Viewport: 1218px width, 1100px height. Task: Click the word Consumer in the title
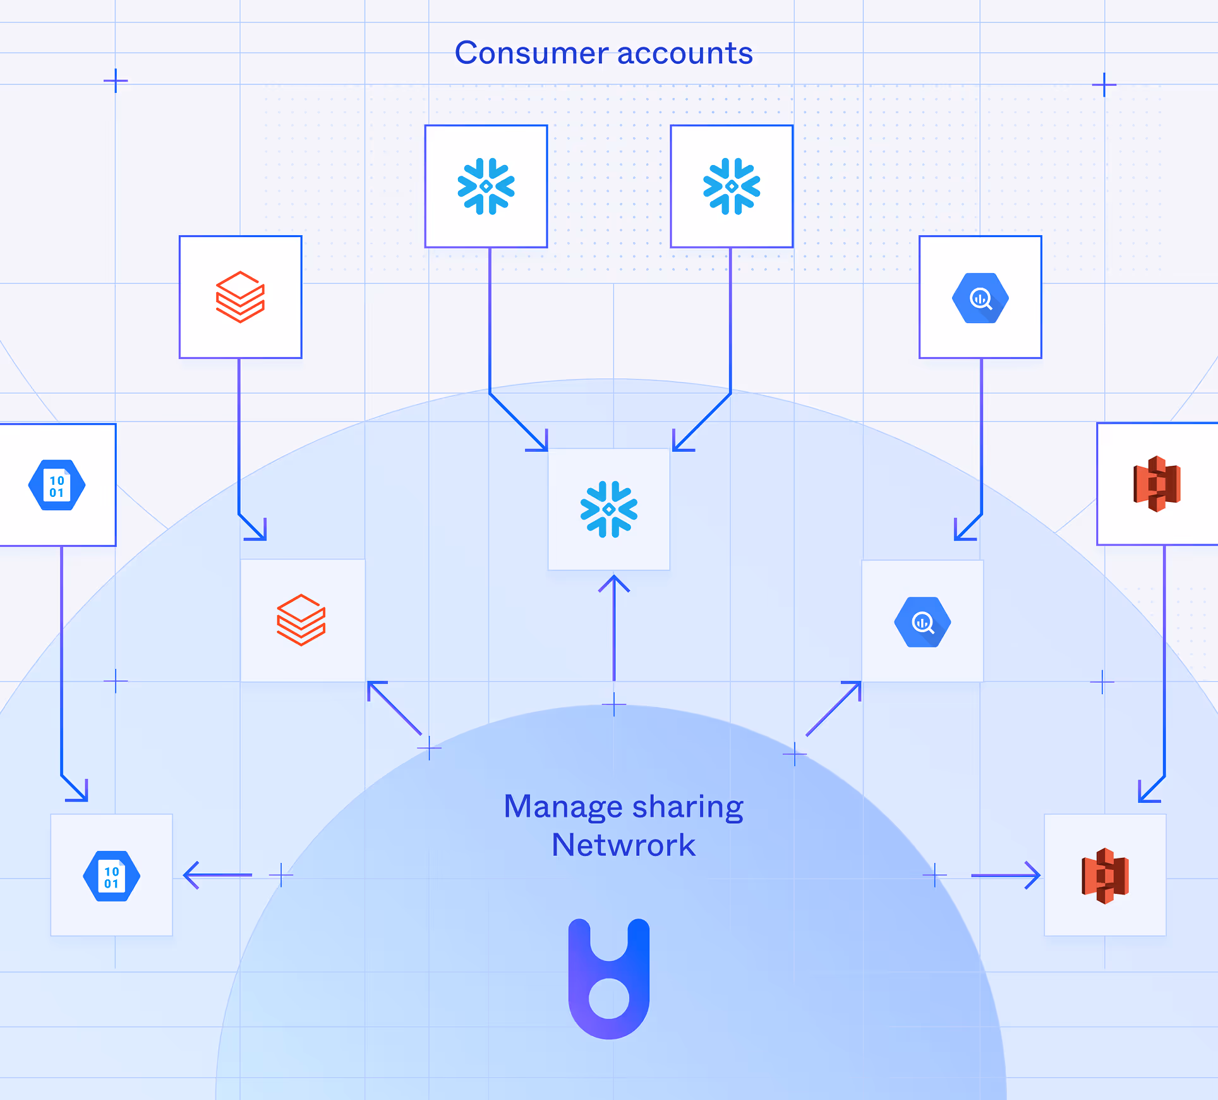click(531, 53)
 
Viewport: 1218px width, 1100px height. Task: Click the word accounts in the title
click(685, 53)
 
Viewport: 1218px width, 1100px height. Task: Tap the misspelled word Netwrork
click(623, 845)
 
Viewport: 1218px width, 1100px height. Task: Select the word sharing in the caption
click(687, 807)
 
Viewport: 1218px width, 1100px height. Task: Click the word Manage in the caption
click(563, 807)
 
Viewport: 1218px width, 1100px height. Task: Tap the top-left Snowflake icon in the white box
click(486, 186)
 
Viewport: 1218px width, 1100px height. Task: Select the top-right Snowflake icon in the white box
click(732, 186)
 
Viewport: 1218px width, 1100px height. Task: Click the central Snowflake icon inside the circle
click(609, 510)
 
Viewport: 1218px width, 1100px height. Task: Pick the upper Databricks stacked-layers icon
click(240, 297)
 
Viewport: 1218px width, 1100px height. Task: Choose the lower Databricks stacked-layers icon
click(301, 620)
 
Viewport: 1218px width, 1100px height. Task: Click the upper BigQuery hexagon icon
click(980, 298)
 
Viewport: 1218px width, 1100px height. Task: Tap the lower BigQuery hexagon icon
click(922, 622)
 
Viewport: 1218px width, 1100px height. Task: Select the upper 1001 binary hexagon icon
click(57, 485)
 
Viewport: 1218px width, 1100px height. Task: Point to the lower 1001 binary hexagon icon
click(112, 876)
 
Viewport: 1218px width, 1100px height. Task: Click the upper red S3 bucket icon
click(1157, 484)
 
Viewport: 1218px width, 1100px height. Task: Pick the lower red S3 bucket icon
click(1105, 876)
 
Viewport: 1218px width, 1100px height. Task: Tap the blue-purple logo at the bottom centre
click(609, 979)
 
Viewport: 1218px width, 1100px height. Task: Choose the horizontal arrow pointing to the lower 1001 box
click(218, 875)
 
